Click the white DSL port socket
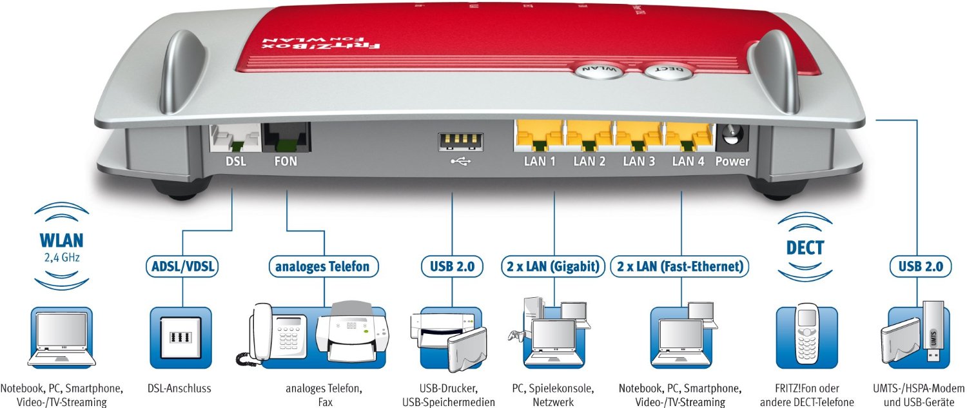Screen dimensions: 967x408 click(x=235, y=138)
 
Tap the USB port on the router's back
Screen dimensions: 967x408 click(x=461, y=142)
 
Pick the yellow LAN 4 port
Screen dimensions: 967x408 click(x=689, y=137)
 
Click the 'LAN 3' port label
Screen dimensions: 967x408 click(x=639, y=162)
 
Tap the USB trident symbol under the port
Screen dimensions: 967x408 click(x=461, y=162)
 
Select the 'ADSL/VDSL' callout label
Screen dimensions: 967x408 click(x=182, y=266)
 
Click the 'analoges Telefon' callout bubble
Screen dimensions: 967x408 click(x=323, y=266)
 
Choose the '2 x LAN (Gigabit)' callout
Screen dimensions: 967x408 click(x=553, y=266)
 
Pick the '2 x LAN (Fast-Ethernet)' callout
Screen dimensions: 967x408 click(x=680, y=266)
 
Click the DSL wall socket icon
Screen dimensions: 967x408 click(x=181, y=338)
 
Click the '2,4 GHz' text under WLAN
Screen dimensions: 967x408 click(x=62, y=258)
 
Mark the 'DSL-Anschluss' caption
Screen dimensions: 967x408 click(x=180, y=389)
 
